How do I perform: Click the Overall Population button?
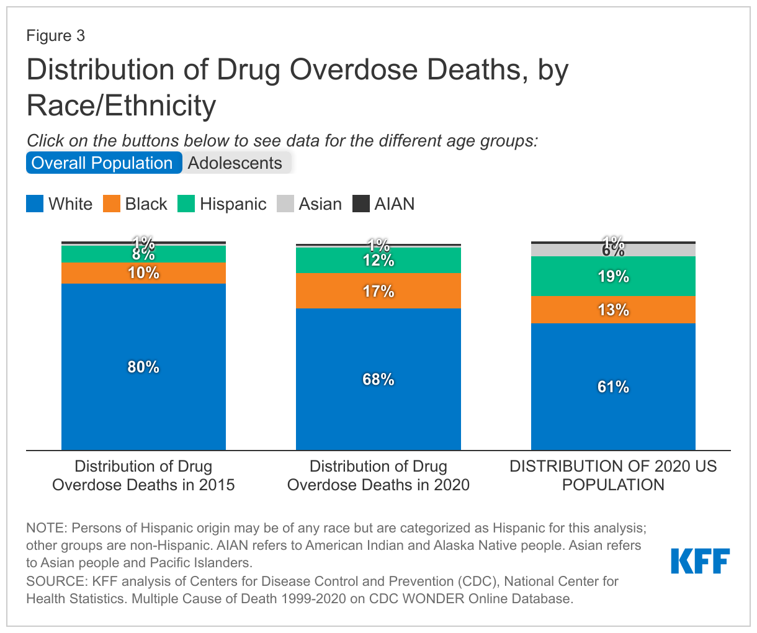(103, 163)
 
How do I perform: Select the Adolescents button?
(235, 163)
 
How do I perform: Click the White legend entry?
(60, 204)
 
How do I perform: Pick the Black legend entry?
(135, 204)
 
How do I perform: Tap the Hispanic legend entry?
(222, 204)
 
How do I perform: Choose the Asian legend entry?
(310, 204)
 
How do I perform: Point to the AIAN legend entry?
(383, 204)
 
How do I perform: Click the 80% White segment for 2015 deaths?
(143, 367)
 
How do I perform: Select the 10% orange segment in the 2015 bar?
(143, 273)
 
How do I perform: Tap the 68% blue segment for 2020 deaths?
(378, 379)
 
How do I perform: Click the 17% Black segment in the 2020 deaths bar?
(378, 291)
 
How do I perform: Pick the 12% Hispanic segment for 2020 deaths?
(378, 261)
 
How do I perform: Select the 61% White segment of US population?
(613, 387)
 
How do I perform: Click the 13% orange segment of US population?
(613, 310)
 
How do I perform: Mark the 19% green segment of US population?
(613, 277)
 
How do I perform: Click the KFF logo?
(700, 561)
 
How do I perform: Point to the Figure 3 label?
(55, 36)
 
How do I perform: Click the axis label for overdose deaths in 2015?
(143, 475)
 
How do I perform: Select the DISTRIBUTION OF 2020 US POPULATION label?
(613, 475)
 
